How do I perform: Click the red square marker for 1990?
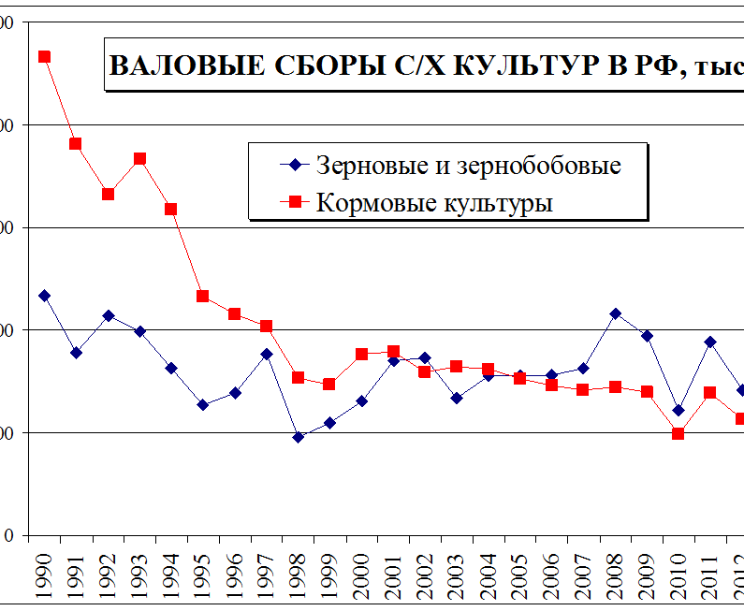tap(44, 56)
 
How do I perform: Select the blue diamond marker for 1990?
tap(44, 296)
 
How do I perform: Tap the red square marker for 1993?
tap(139, 158)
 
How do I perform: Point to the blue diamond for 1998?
tap(299, 437)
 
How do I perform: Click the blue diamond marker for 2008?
tap(615, 313)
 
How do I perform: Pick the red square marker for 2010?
tap(678, 433)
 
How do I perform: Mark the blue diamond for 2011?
tap(710, 342)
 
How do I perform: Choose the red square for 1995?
tap(203, 297)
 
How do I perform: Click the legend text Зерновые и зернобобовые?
tap(469, 166)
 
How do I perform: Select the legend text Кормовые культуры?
tap(434, 202)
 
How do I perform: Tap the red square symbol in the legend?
tap(296, 202)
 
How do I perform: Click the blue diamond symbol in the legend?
tap(296, 166)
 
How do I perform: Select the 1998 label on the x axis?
tap(298, 574)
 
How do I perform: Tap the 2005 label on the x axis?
tap(519, 574)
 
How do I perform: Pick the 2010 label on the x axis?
tap(678, 574)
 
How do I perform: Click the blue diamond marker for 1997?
tap(267, 354)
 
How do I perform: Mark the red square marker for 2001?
tap(393, 352)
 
